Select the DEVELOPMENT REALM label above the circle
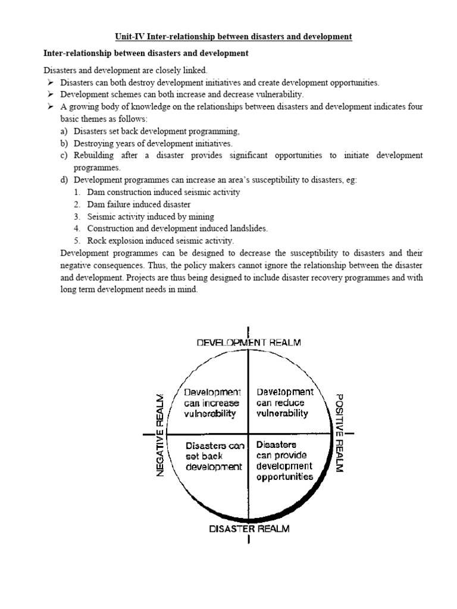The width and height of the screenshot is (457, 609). (x=248, y=343)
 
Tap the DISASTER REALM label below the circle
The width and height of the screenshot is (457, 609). (x=249, y=529)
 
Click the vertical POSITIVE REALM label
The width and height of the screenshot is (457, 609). (x=338, y=433)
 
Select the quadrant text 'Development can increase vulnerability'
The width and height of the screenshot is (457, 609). (x=211, y=403)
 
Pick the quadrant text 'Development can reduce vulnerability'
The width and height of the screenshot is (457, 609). (x=284, y=403)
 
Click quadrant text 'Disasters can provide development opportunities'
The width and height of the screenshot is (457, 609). (x=284, y=460)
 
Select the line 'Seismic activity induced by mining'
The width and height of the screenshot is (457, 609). (x=151, y=216)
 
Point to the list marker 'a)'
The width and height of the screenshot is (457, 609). (x=64, y=131)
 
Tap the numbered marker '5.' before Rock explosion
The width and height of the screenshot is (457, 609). (x=77, y=241)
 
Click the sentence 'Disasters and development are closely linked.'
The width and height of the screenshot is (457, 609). (x=125, y=70)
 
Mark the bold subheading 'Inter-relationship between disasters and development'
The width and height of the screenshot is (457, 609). (x=146, y=54)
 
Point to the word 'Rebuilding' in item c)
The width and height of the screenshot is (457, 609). (x=94, y=156)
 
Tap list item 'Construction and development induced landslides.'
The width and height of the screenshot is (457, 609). (x=177, y=229)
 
